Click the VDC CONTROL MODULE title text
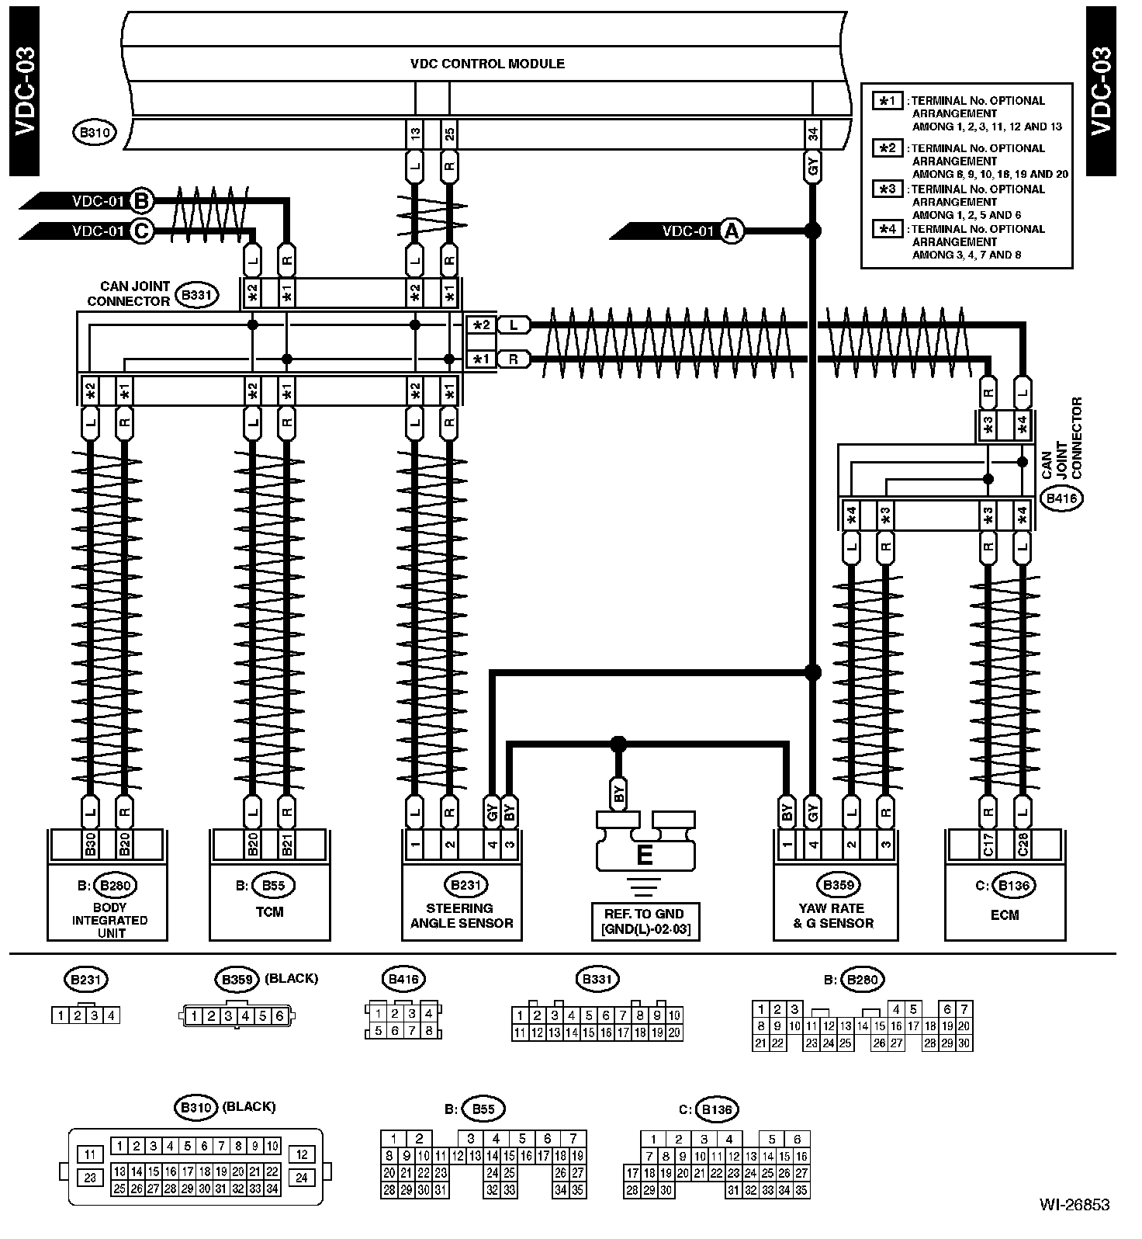click(487, 64)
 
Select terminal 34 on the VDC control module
click(813, 135)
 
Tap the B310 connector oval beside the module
click(94, 134)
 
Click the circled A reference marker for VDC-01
click(731, 231)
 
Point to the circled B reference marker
click(140, 201)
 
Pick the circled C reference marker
click(140, 231)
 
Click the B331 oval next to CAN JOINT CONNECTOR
click(197, 295)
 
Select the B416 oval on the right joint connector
click(1061, 499)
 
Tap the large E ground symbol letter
click(644, 855)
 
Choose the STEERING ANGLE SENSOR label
click(462, 915)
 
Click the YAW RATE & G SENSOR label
click(833, 915)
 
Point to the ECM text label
click(1004, 915)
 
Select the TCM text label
click(269, 912)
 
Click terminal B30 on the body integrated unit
click(91, 844)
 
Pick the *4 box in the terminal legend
click(888, 229)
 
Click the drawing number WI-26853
click(1075, 1205)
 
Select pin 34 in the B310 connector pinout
click(272, 1189)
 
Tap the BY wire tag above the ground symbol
click(618, 793)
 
